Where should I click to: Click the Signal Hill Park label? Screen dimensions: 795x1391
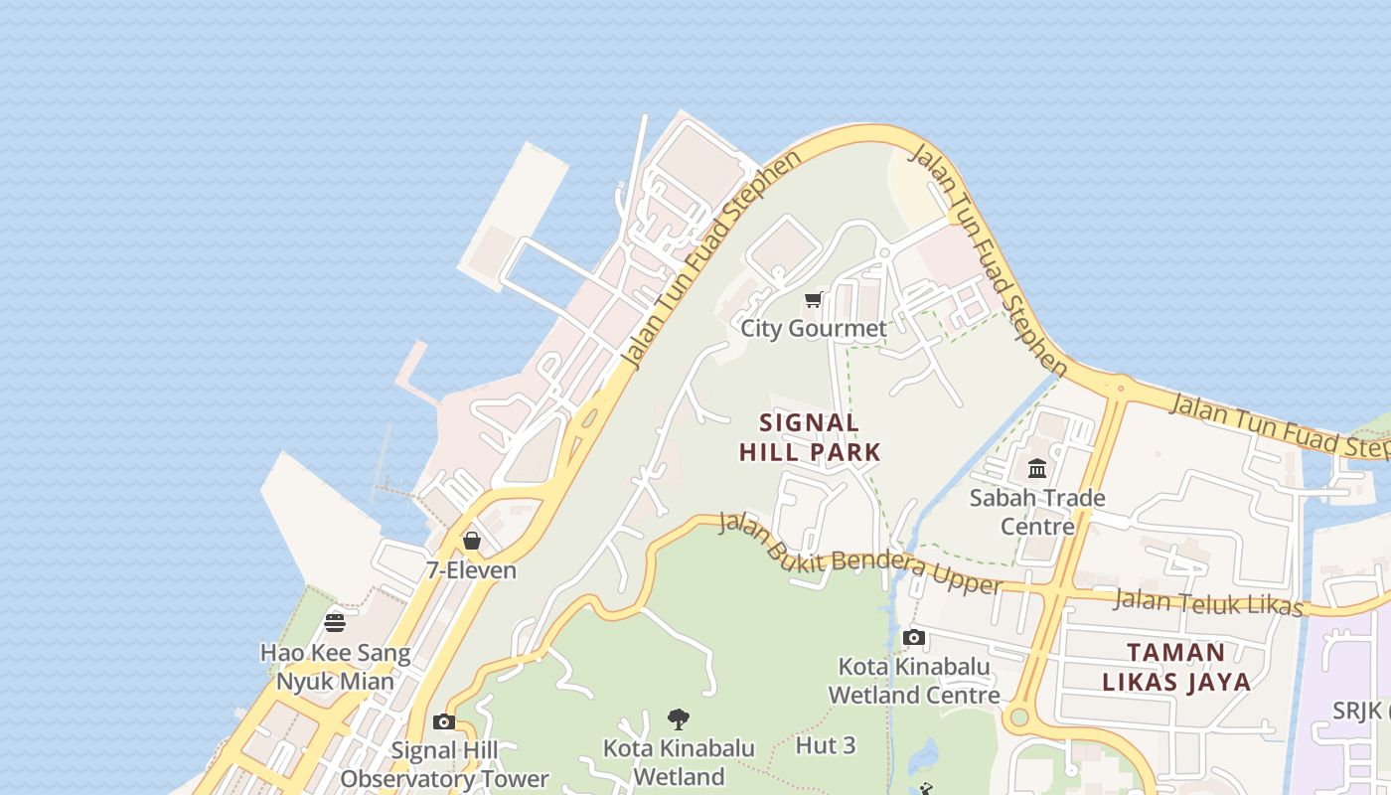[810, 437]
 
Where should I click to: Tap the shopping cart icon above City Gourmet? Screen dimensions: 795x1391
[814, 299]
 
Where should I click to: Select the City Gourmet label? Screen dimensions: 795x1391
[814, 328]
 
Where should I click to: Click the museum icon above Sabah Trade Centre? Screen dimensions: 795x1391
[1037, 468]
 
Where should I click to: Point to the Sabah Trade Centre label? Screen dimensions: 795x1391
[1037, 511]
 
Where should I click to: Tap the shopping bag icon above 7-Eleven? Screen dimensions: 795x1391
[472, 541]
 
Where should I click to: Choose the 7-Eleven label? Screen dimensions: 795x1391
[472, 570]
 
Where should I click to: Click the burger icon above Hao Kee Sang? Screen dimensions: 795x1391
[335, 623]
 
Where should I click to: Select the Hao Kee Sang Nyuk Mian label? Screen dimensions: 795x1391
[335, 667]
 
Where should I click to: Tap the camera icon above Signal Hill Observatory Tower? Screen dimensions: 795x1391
[444, 721]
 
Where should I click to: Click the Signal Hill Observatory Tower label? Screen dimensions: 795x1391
[444, 764]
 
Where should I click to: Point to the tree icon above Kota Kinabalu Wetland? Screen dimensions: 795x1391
[679, 718]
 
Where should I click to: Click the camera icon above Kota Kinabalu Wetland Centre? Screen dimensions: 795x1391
[914, 637]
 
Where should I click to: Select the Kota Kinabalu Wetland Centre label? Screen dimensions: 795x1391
[914, 680]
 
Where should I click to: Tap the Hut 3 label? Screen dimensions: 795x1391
[826, 745]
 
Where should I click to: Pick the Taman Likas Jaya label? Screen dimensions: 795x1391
[1176, 667]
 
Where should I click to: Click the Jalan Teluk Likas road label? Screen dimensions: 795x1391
[1208, 600]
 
